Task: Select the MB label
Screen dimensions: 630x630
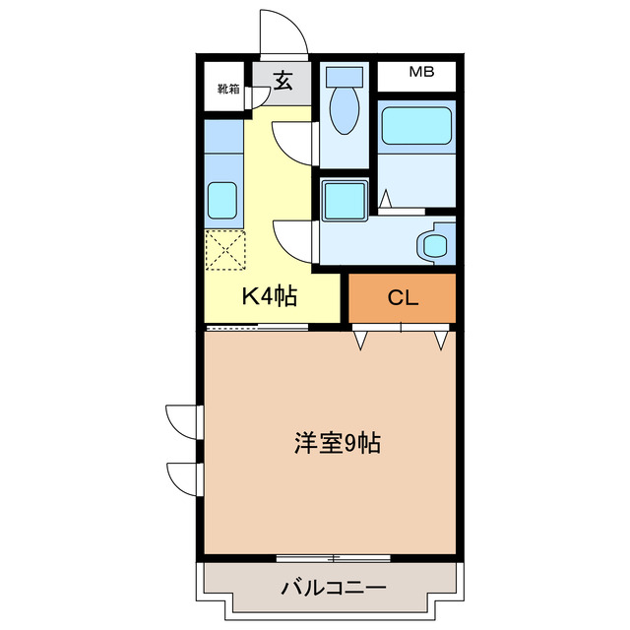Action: tap(421, 73)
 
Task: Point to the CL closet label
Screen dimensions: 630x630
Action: tap(403, 298)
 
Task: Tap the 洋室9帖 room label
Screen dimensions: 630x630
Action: tap(337, 444)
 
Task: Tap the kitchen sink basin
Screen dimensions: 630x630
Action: tap(223, 200)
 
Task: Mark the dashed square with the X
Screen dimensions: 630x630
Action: tap(224, 249)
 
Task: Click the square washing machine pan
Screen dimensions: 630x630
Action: tap(345, 200)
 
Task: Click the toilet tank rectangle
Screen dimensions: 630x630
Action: tap(344, 75)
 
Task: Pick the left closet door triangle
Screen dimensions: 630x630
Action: tap(362, 340)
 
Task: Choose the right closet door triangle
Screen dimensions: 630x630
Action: tap(440, 340)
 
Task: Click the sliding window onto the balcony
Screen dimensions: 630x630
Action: tap(334, 557)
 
